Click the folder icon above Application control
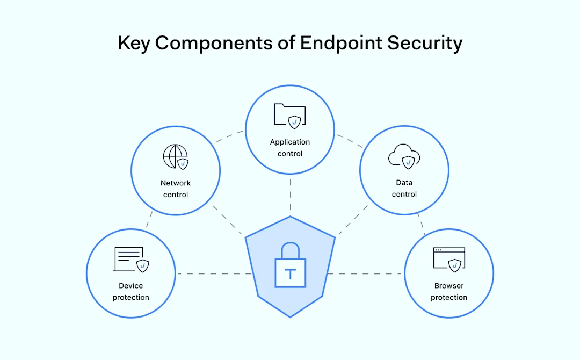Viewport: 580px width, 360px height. (x=289, y=115)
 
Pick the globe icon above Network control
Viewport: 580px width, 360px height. (x=176, y=157)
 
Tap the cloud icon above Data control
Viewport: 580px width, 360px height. (x=404, y=156)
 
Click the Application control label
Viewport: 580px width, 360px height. (x=290, y=148)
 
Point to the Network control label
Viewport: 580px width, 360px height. (x=176, y=189)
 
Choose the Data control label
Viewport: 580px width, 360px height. (x=404, y=189)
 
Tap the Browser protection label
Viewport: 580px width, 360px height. (x=449, y=292)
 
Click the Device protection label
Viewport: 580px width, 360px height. (x=131, y=292)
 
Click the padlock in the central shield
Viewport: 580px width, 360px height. (x=290, y=266)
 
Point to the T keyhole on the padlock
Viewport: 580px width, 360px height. (x=290, y=275)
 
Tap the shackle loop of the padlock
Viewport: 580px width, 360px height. (x=290, y=250)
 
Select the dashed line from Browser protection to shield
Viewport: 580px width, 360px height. (x=365, y=274)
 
